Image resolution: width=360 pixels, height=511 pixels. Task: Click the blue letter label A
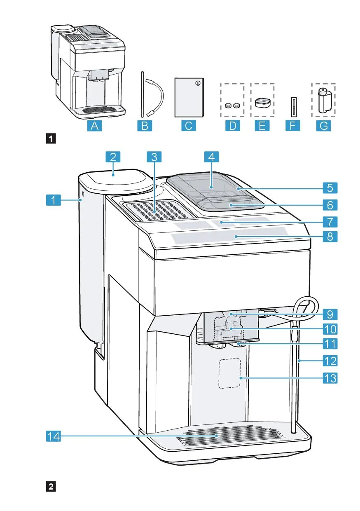point(95,126)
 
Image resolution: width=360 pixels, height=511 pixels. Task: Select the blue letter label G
point(325,126)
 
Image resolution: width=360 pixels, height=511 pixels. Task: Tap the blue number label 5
point(330,188)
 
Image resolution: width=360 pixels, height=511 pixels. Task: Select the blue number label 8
point(330,237)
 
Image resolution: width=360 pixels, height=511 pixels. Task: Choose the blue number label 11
point(330,343)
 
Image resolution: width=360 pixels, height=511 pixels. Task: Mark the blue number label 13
point(330,378)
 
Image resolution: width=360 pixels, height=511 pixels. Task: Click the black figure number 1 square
point(51,138)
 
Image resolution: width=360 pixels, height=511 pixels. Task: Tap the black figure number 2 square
point(51,486)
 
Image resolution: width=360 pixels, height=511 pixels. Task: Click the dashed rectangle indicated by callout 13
point(229,373)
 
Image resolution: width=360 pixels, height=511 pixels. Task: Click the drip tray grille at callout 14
point(231,437)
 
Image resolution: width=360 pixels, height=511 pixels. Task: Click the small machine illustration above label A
point(89,70)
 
